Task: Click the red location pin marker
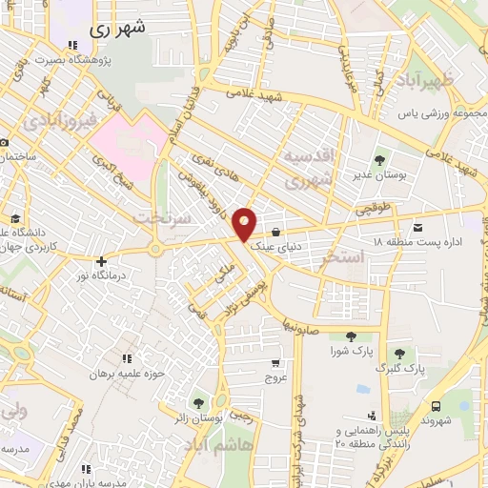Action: pos(245,222)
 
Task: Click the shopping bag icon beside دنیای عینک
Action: pos(275,231)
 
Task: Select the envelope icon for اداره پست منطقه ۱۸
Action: pos(418,227)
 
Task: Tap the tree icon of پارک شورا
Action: pos(351,335)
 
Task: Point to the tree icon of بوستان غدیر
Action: pos(380,159)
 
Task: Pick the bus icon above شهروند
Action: pos(436,404)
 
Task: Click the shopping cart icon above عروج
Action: pos(275,363)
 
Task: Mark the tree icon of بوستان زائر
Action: pos(198,403)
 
